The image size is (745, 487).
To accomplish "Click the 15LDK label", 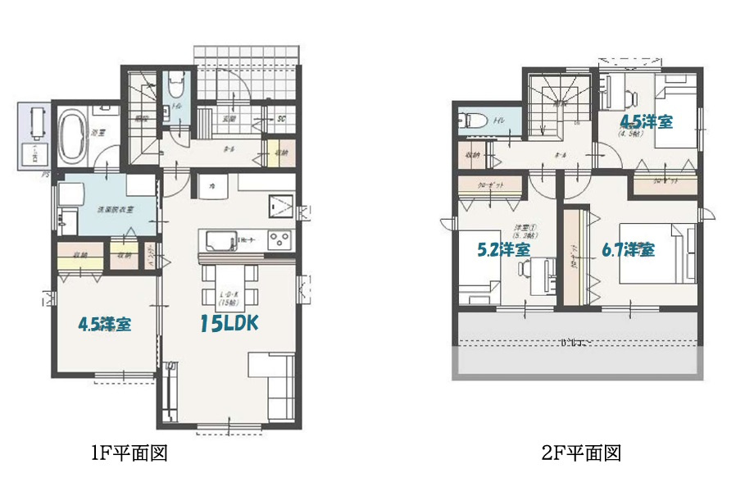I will pyautogui.click(x=229, y=324).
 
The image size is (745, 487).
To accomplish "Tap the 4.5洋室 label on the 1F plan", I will pyautogui.click(x=105, y=324).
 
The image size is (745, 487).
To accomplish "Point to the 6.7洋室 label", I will pyautogui.click(x=628, y=250).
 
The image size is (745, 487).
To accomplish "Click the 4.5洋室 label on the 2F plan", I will pyautogui.click(x=646, y=121).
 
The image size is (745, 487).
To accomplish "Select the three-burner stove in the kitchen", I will pyautogui.click(x=279, y=241).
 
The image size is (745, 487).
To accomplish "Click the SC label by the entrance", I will pyautogui.click(x=281, y=120).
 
